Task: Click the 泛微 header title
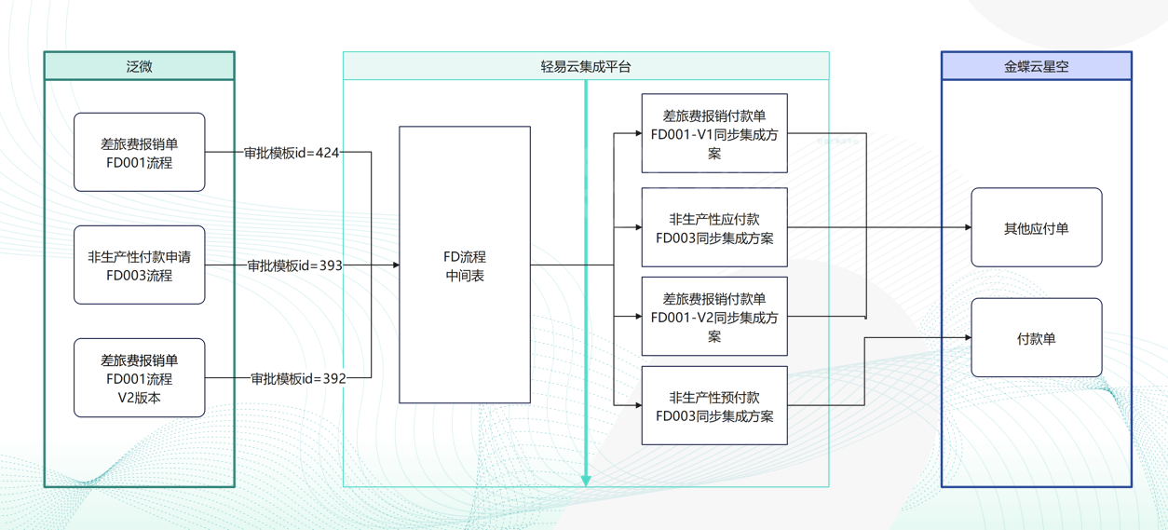tap(139, 66)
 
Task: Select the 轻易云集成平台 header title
tap(585, 66)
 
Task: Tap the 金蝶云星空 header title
tap(1036, 66)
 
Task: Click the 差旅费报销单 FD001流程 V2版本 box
tap(139, 378)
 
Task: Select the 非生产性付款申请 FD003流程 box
tap(139, 265)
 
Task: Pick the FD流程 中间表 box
tap(465, 265)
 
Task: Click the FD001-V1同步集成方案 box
tap(714, 134)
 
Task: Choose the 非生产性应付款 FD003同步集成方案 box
tap(714, 228)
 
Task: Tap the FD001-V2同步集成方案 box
tap(714, 317)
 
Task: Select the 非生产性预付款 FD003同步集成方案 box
tap(714, 406)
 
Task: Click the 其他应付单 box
tap(1036, 228)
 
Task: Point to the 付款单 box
tap(1036, 338)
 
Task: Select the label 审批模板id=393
tap(294, 265)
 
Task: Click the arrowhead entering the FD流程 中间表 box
tap(395, 265)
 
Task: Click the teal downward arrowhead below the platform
tap(586, 481)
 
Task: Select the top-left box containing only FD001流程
tap(139, 153)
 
